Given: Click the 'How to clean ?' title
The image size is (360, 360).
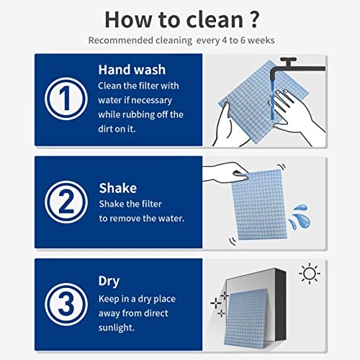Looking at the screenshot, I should (179, 17).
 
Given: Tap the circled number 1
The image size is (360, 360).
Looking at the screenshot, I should (66, 99).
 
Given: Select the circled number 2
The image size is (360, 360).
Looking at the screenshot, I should (66, 202).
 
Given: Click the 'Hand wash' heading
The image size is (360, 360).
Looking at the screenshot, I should (132, 71).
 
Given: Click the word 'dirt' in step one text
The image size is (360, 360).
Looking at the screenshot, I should (109, 128).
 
